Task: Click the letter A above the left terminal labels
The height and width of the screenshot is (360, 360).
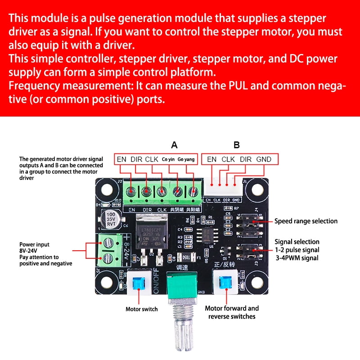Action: click(175, 145)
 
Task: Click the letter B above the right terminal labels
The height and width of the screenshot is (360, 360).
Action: click(237, 145)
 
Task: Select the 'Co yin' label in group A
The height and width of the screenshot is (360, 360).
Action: click(168, 159)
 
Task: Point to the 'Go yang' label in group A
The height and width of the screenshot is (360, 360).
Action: click(186, 159)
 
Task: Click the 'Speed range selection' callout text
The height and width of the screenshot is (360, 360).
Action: click(306, 221)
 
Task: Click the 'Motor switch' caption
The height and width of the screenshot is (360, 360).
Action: click(141, 309)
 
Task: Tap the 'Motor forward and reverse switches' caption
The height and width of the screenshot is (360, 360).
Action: click(232, 312)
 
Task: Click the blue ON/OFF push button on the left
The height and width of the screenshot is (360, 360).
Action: click(139, 284)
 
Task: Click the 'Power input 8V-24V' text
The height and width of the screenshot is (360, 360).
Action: click(35, 248)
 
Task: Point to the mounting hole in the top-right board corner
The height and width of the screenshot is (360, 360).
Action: click(257, 189)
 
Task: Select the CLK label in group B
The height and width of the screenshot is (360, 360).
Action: click(229, 159)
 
